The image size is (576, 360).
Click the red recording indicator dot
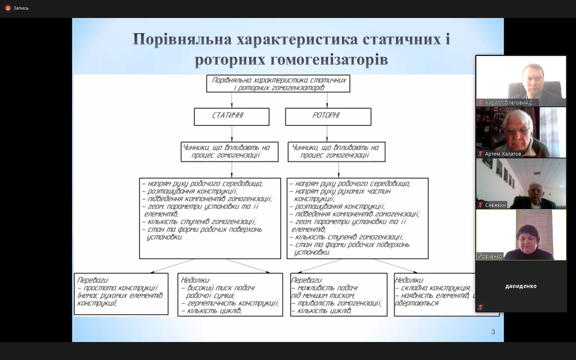[8, 8]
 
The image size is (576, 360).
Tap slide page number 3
[493, 332]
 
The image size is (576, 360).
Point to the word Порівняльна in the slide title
[182, 39]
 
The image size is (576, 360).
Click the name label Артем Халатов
[503, 154]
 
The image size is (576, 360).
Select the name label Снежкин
[495, 205]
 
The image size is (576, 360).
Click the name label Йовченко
[490, 256]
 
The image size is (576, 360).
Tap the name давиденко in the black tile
[521, 286]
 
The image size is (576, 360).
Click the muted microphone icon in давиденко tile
[480, 307]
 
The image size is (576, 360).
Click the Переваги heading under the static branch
[93, 280]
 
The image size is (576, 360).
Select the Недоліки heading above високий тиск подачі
[196, 280]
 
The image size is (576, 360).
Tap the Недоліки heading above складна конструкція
[409, 280]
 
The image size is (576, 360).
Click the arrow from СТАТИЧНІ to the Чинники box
[232, 134]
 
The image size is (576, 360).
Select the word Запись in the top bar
[21, 8]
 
